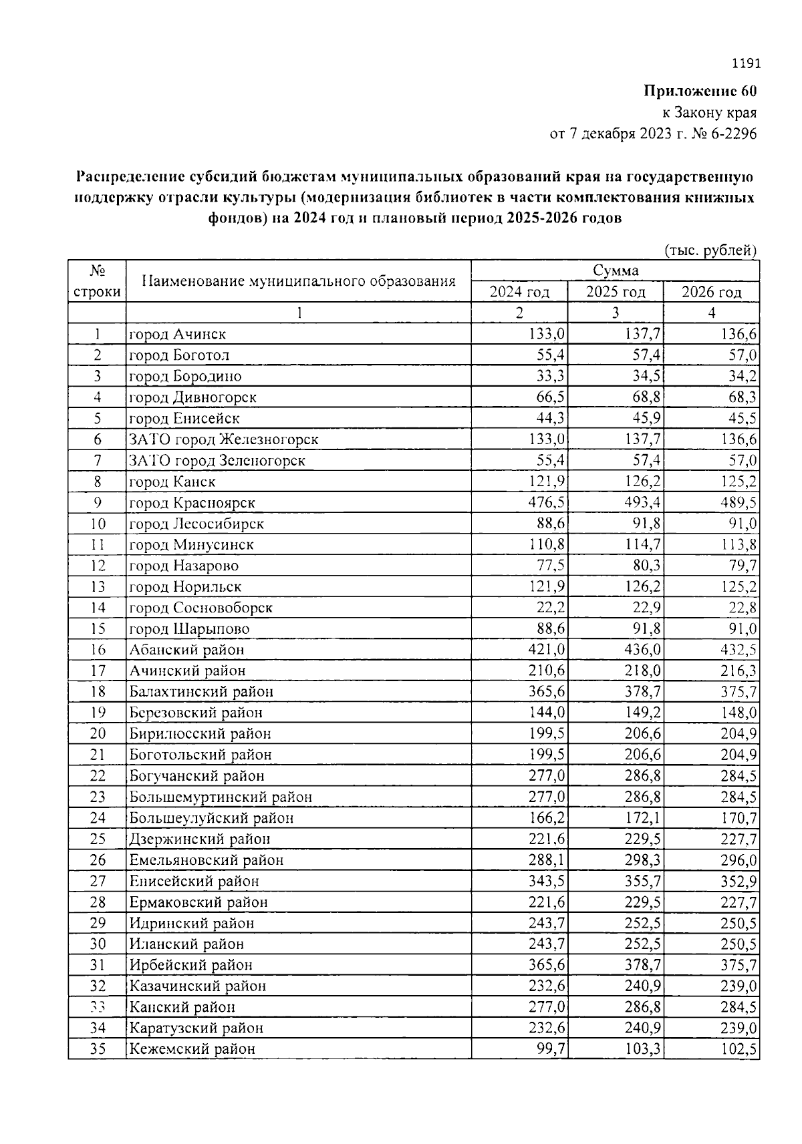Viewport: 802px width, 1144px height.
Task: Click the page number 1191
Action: point(746,64)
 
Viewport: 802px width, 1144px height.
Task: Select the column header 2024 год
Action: point(519,293)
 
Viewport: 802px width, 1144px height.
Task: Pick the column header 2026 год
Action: point(711,293)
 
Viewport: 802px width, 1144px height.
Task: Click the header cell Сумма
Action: point(615,270)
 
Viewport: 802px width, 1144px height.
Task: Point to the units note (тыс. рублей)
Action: point(710,250)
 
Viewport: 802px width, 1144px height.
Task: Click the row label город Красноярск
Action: point(192,503)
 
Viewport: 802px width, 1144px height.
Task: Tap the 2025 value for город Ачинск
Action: point(644,334)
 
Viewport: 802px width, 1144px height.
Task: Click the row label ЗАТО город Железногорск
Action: point(223,439)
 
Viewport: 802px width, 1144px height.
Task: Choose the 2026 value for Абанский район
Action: point(739,650)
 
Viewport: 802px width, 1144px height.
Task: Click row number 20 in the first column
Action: point(98,734)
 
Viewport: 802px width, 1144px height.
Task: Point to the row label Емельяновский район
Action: point(207,860)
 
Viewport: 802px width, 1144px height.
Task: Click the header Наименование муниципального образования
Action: point(299,281)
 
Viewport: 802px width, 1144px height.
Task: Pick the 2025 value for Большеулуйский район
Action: point(644,818)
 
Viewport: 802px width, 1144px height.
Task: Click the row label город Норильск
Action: point(185,587)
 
